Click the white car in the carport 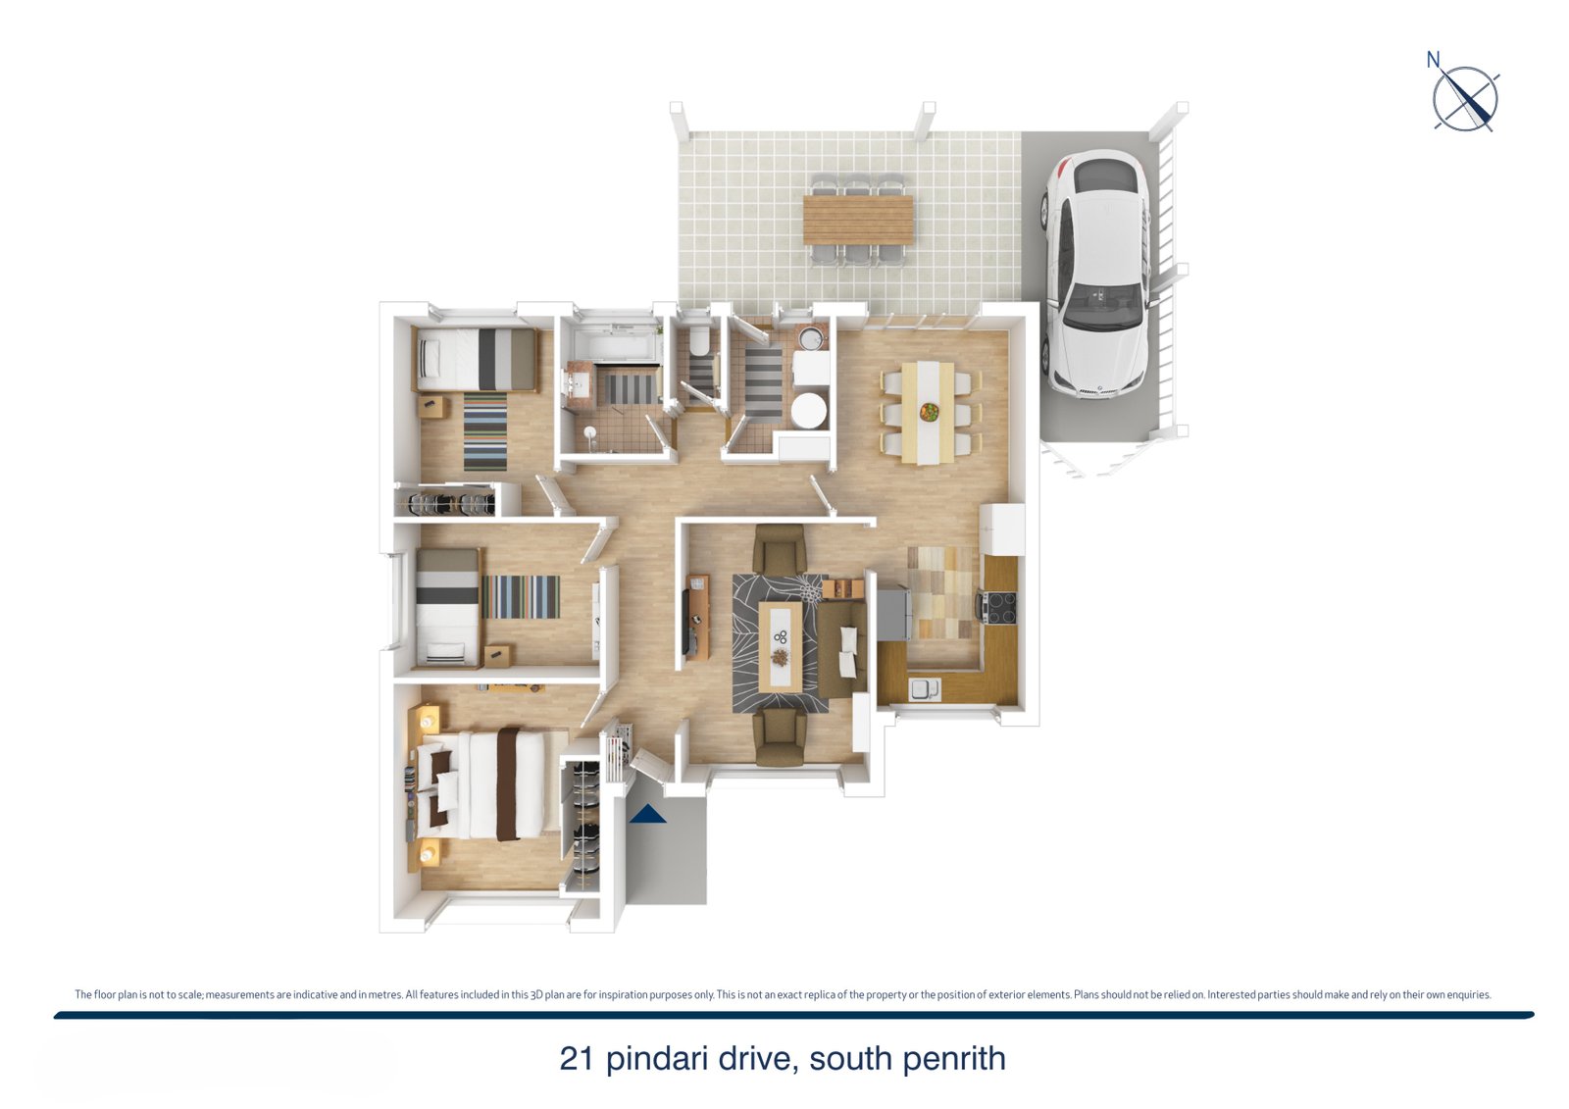click(x=1096, y=276)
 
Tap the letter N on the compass click(x=1433, y=61)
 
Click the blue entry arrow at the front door click(x=647, y=813)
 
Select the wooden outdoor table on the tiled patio click(x=858, y=220)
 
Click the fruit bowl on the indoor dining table click(x=930, y=412)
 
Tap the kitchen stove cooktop click(x=999, y=607)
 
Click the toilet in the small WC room click(x=698, y=341)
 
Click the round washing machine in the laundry click(x=809, y=411)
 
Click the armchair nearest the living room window click(x=779, y=736)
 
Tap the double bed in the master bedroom click(x=483, y=783)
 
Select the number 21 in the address click(x=577, y=1059)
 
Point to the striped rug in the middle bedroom click(x=521, y=597)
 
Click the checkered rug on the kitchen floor click(x=943, y=592)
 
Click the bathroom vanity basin click(x=580, y=383)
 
